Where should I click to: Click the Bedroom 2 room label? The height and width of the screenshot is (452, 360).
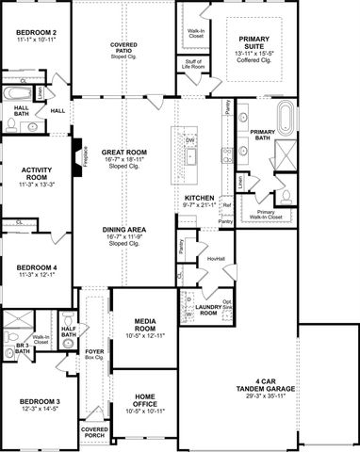click(x=37, y=33)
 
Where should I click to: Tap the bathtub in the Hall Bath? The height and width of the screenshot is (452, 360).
click(x=17, y=95)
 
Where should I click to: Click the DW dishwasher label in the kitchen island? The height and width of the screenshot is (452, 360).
click(x=189, y=141)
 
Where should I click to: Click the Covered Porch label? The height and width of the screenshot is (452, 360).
click(x=93, y=435)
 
